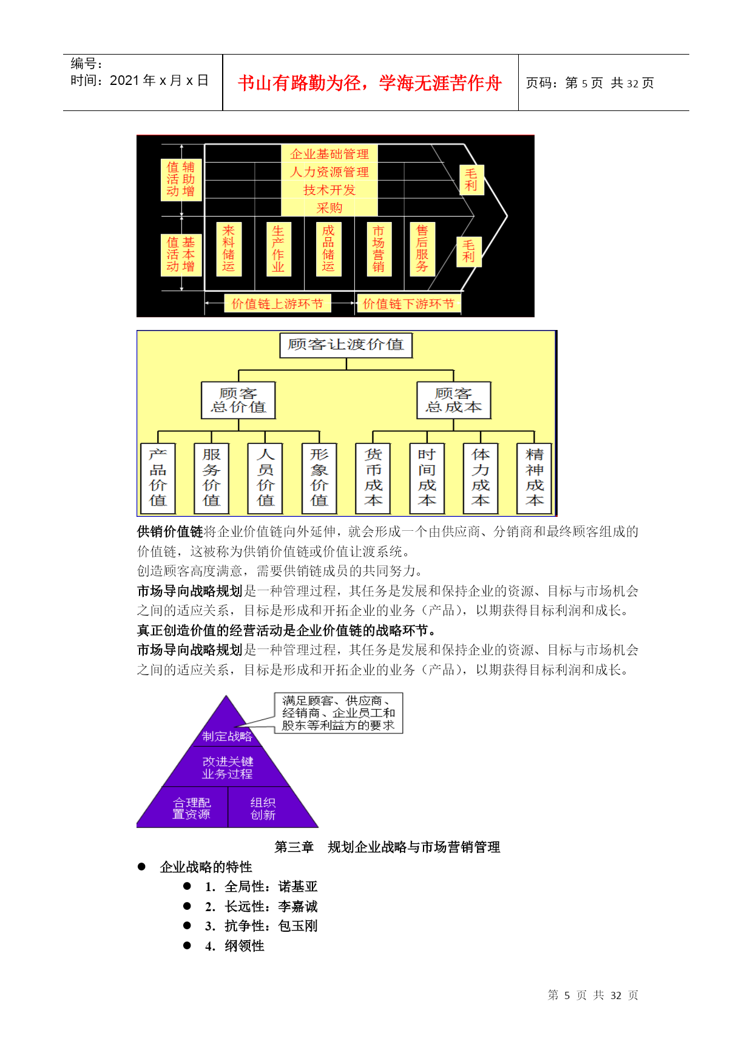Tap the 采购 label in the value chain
[x=329, y=208]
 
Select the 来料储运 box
[x=229, y=249]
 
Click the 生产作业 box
[x=279, y=249]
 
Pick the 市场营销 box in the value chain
[x=379, y=249]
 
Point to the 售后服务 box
[x=422, y=249]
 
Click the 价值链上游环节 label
[x=277, y=303]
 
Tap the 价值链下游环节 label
[x=408, y=303]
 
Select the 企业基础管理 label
[x=329, y=154]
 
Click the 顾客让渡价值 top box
[x=346, y=345]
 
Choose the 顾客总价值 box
[x=238, y=400]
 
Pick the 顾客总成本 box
[x=454, y=400]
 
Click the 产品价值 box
[x=158, y=478]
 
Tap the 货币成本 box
[x=373, y=478]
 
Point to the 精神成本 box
[x=535, y=478]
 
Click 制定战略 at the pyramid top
[x=227, y=736]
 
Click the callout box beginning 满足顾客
[x=339, y=713]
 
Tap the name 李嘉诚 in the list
[x=298, y=906]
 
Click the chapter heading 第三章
[x=294, y=847]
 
